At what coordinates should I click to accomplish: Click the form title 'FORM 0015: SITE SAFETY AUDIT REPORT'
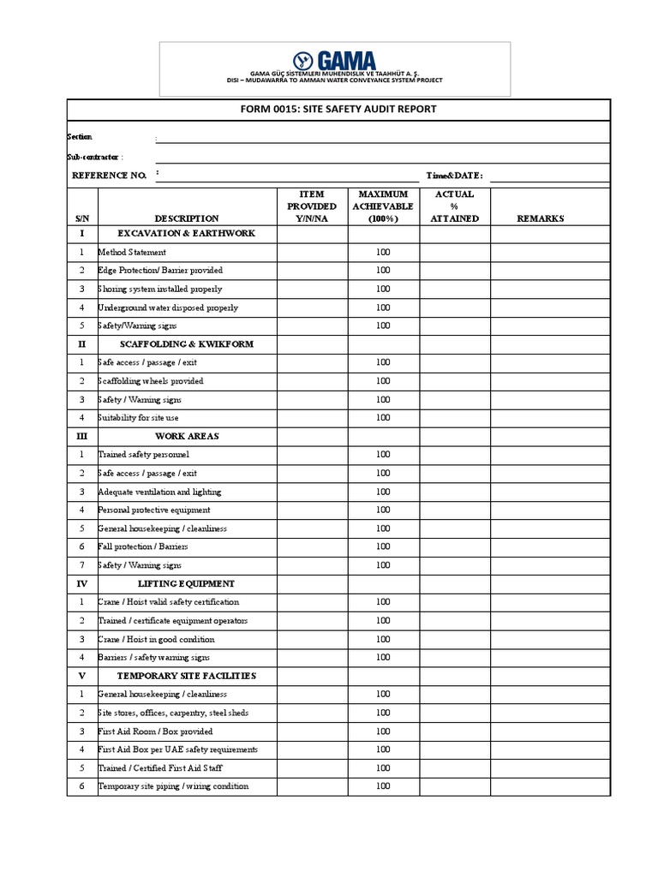(x=338, y=110)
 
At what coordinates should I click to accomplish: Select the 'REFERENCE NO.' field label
(x=109, y=176)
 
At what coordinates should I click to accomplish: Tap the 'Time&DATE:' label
(x=454, y=176)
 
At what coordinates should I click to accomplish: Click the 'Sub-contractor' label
(x=94, y=157)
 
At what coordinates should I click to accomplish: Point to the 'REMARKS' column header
(x=541, y=218)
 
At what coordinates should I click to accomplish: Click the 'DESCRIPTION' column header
(x=186, y=218)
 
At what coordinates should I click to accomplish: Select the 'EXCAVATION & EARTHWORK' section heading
(x=186, y=234)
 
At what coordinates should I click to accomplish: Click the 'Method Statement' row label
(x=132, y=253)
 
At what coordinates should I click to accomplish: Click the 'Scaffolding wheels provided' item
(x=151, y=381)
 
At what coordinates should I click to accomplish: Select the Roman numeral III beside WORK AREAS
(x=82, y=436)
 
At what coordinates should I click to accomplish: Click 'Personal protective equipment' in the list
(x=154, y=510)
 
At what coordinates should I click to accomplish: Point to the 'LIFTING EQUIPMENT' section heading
(x=186, y=584)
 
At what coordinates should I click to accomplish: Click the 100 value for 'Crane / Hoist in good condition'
(x=383, y=639)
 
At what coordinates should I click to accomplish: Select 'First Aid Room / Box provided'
(x=155, y=731)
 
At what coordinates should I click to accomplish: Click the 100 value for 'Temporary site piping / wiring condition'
(x=383, y=786)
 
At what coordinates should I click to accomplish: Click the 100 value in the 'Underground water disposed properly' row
(x=383, y=307)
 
